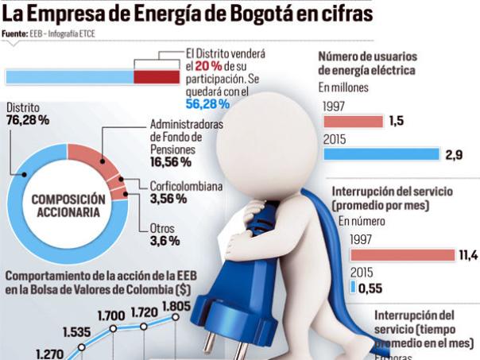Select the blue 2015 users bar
(x=381, y=154)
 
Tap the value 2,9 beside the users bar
(x=454, y=155)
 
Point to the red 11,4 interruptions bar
(x=402, y=255)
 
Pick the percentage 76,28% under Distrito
(x=28, y=120)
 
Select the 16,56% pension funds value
(x=170, y=161)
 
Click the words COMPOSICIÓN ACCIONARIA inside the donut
(x=68, y=206)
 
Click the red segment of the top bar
(x=157, y=76)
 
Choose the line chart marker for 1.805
(x=175, y=318)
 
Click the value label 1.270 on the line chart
(x=49, y=355)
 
